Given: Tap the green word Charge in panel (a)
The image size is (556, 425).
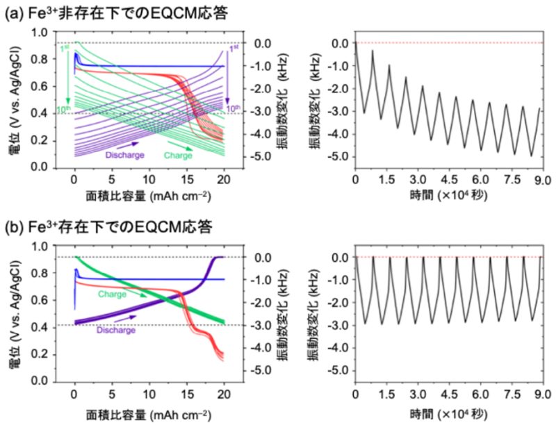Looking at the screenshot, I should (x=178, y=155).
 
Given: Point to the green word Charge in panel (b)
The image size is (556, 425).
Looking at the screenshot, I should (x=113, y=293).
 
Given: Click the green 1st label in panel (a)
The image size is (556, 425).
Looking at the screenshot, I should (x=63, y=50).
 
